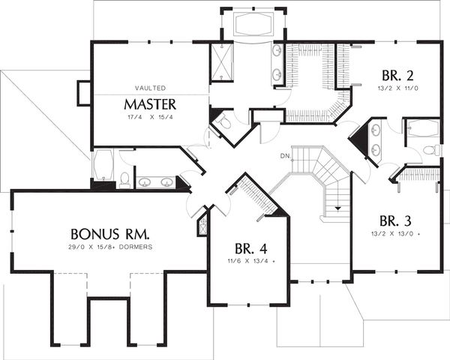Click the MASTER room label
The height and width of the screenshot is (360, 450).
tap(150, 104)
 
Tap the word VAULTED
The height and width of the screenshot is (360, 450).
tap(151, 88)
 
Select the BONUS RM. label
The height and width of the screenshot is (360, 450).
tap(110, 234)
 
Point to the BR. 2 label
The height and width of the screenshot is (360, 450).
tap(397, 76)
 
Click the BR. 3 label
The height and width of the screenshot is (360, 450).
tap(395, 221)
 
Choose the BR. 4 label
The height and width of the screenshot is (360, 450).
tap(250, 248)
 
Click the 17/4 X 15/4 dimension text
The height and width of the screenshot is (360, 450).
tap(151, 117)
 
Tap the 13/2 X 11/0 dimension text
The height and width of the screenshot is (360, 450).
tap(397, 88)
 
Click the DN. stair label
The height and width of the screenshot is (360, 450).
tap(285, 157)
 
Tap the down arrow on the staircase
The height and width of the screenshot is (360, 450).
tap(337, 208)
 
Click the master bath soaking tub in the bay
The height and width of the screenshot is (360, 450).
tap(253, 25)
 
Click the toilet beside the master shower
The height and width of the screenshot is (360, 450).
tap(225, 121)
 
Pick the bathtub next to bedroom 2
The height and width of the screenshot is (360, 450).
tap(421, 127)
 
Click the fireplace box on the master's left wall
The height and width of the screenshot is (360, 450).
tap(84, 93)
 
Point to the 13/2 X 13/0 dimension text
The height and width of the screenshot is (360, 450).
tap(396, 234)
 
